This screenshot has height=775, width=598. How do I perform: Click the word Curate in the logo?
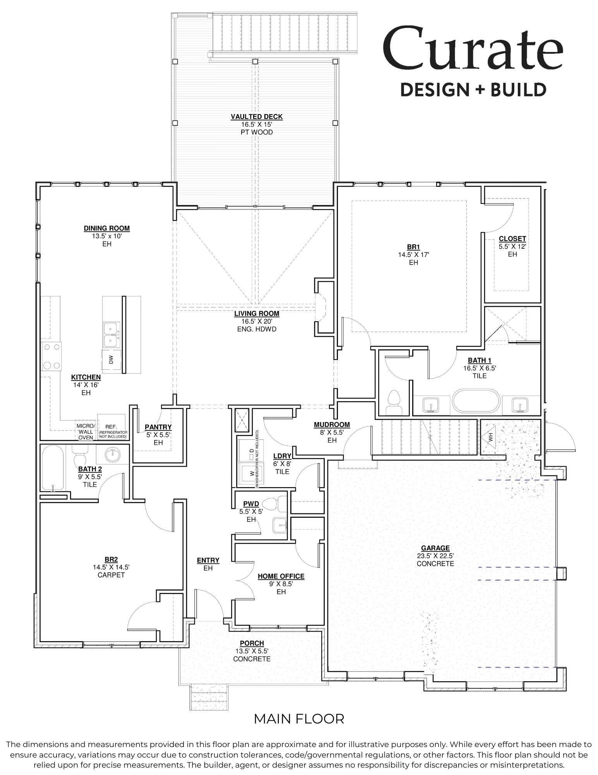pyautogui.click(x=473, y=48)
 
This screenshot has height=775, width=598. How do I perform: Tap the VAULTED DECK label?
pyautogui.click(x=257, y=117)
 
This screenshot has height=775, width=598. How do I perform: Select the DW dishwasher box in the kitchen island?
pyautogui.click(x=111, y=360)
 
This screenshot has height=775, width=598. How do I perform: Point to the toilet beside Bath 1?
pyautogui.click(x=394, y=403)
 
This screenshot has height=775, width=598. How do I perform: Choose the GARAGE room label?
pyautogui.click(x=435, y=548)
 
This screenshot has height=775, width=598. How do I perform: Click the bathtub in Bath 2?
pyautogui.click(x=52, y=468)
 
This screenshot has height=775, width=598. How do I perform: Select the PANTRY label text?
pyautogui.click(x=158, y=427)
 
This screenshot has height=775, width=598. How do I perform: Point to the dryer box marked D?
pyautogui.click(x=251, y=451)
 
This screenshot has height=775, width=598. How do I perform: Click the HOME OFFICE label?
pyautogui.click(x=281, y=576)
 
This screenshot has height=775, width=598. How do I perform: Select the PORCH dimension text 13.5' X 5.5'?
pyautogui.click(x=252, y=651)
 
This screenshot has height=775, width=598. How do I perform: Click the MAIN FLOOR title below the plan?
pyautogui.click(x=299, y=719)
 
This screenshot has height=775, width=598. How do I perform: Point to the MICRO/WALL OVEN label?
pyautogui.click(x=86, y=432)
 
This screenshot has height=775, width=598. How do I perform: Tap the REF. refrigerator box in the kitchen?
pyautogui.click(x=111, y=427)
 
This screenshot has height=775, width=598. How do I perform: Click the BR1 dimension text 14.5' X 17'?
pyautogui.click(x=413, y=255)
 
